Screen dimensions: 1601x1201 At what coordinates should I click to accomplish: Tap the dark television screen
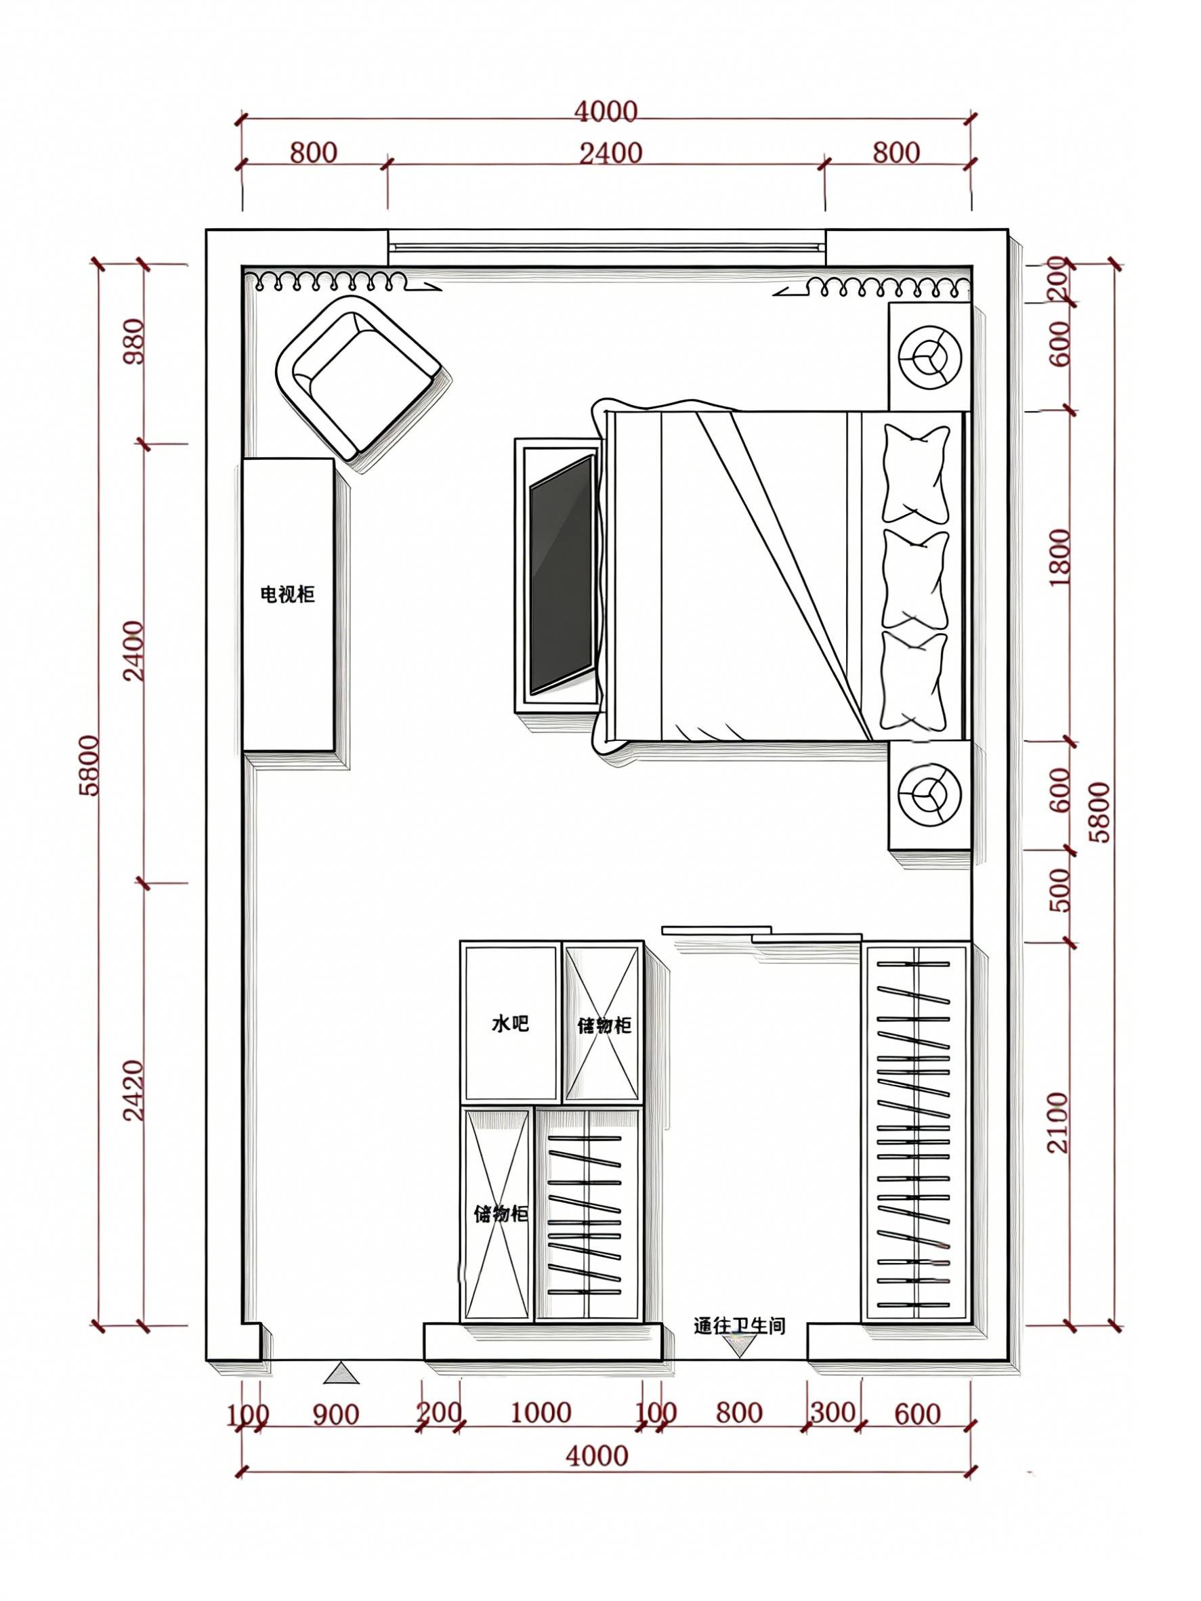tap(562, 576)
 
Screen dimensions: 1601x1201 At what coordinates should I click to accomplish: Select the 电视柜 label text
tap(287, 595)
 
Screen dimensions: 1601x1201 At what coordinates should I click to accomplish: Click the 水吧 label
tap(510, 1023)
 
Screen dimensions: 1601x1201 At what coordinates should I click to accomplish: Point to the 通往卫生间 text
tap(739, 1326)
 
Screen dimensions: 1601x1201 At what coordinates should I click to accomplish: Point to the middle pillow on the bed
tap(914, 579)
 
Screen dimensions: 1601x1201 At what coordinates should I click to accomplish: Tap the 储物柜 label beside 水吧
tap(604, 1025)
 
